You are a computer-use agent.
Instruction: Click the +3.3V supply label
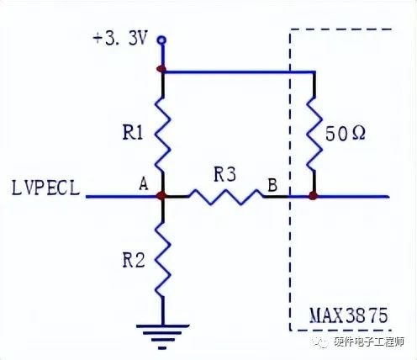[119, 39]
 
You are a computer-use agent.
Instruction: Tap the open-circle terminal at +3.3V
[162, 40]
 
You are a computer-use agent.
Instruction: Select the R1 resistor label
[133, 132]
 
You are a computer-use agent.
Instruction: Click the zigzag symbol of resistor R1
[163, 135]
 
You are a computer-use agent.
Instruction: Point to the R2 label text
[134, 260]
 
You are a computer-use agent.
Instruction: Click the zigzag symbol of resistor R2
[163, 259]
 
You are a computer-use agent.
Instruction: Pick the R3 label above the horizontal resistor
[225, 174]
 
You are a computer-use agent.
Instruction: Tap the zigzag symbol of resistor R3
[226, 197]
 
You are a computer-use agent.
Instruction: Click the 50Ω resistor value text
[346, 134]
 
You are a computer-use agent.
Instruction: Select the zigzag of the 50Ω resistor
[314, 135]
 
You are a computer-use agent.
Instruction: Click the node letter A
[144, 184]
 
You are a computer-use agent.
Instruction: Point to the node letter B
[272, 185]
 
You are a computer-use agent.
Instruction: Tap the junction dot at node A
[161, 196]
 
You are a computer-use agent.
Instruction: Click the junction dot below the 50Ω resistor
[314, 195]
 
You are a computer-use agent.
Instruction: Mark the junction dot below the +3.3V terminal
[161, 68]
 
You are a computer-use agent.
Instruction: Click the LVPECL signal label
[45, 188]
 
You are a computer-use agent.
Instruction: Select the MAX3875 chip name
[349, 315]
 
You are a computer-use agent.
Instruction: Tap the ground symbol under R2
[162, 336]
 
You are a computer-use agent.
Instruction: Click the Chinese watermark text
[369, 341]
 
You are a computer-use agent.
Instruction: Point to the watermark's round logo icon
[321, 341]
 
